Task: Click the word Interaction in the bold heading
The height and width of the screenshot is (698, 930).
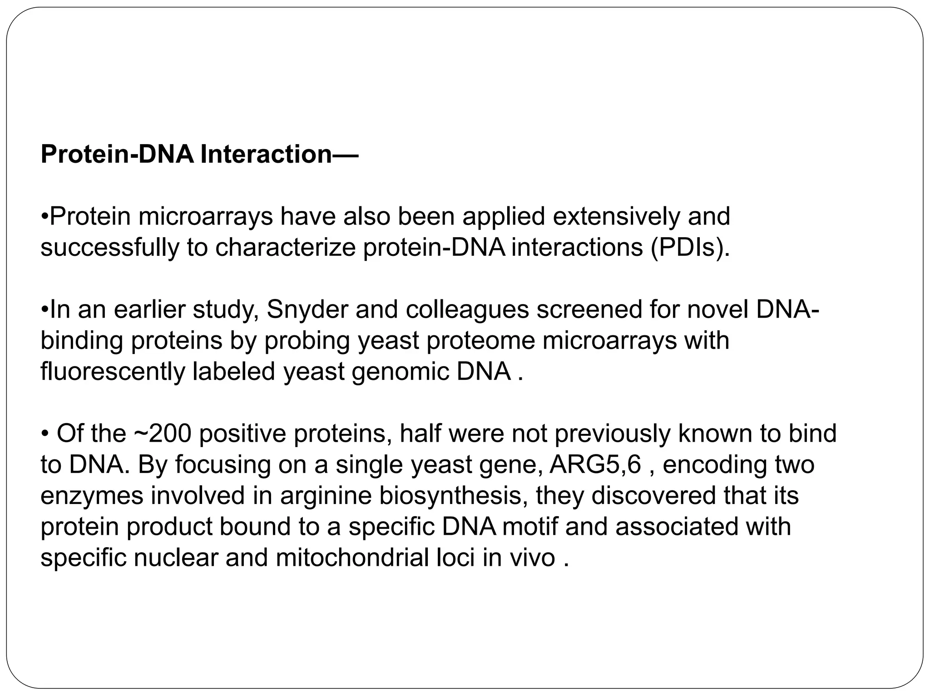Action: [x=266, y=155]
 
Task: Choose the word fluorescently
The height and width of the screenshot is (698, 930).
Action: [x=113, y=372]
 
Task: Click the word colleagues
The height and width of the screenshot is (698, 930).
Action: [x=467, y=310]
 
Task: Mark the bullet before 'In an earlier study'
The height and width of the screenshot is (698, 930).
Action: [x=45, y=311]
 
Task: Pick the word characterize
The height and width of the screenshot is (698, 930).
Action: [x=285, y=248]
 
